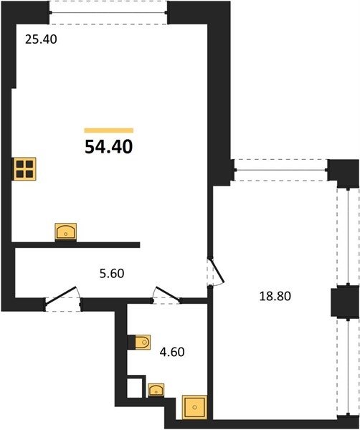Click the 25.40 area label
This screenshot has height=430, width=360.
coord(41,39)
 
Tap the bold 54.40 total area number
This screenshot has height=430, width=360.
coord(109,146)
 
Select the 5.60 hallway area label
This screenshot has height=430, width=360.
coord(112,274)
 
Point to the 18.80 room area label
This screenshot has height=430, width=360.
coord(275,296)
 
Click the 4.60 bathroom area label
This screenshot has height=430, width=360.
coord(172,352)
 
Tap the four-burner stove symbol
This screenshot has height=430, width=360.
coord(24,169)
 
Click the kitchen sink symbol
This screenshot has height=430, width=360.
coord(66,231)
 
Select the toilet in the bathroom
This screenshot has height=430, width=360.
coord(139,343)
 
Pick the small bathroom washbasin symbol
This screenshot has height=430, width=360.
coord(156,390)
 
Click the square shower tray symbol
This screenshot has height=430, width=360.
coord(194,407)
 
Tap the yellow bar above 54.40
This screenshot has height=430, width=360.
coord(109,130)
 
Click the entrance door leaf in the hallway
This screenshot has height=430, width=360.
coord(60,295)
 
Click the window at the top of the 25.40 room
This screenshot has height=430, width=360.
coord(108,13)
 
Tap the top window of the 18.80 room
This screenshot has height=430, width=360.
coord(281,170)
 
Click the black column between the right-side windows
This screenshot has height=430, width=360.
coord(345,302)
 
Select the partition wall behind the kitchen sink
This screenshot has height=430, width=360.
coord(76,245)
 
